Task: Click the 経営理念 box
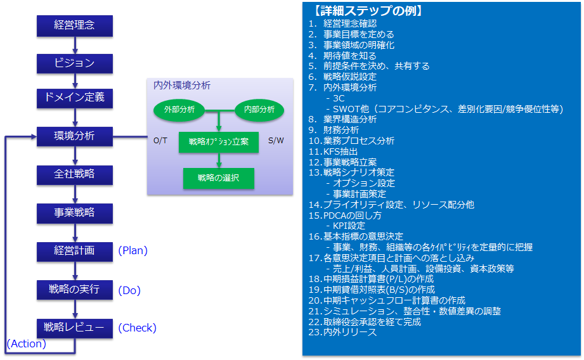point(74,26)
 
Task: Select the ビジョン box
point(74,63)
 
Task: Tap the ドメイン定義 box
point(74,98)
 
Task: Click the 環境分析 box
point(74,136)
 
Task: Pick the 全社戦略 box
point(74,175)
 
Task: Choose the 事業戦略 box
point(74,214)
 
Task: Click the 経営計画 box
point(74,252)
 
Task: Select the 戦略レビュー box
point(74,328)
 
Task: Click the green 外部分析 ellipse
point(179,110)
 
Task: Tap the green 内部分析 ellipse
point(259,110)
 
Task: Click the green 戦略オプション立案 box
point(219,142)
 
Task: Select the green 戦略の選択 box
point(219,178)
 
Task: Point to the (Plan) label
point(133,250)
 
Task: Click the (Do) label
point(129,290)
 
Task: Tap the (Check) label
point(137,328)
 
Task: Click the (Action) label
point(27,344)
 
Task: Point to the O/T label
point(160,141)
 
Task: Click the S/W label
point(276,141)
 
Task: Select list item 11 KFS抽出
point(333,151)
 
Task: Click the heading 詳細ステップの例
point(368,10)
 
